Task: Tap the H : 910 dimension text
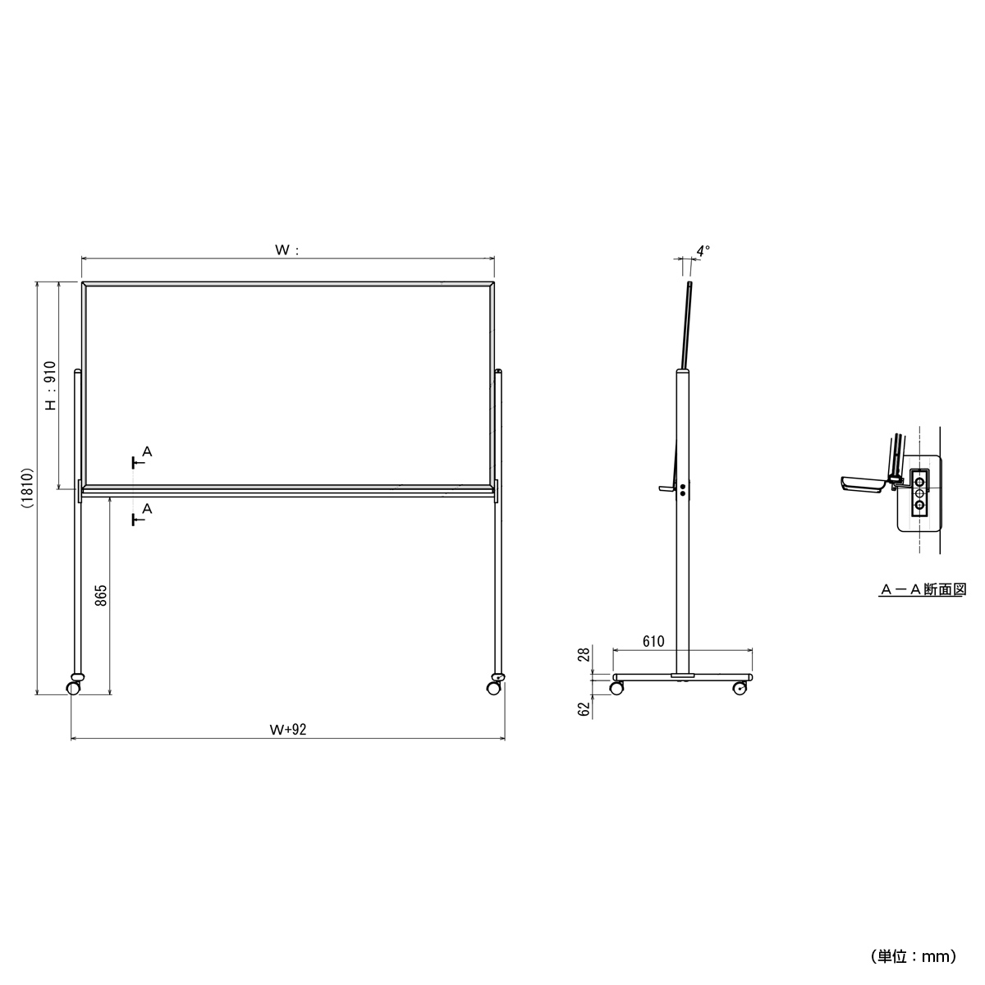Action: [51, 386]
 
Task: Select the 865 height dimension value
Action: [102, 595]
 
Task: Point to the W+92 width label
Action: [288, 730]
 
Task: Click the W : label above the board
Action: [286, 250]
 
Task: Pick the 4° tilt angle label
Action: [703, 251]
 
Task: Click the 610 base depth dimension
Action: [653, 642]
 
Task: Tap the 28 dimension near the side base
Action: [584, 653]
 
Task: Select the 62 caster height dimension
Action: [584, 709]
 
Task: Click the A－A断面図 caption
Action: [923, 589]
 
